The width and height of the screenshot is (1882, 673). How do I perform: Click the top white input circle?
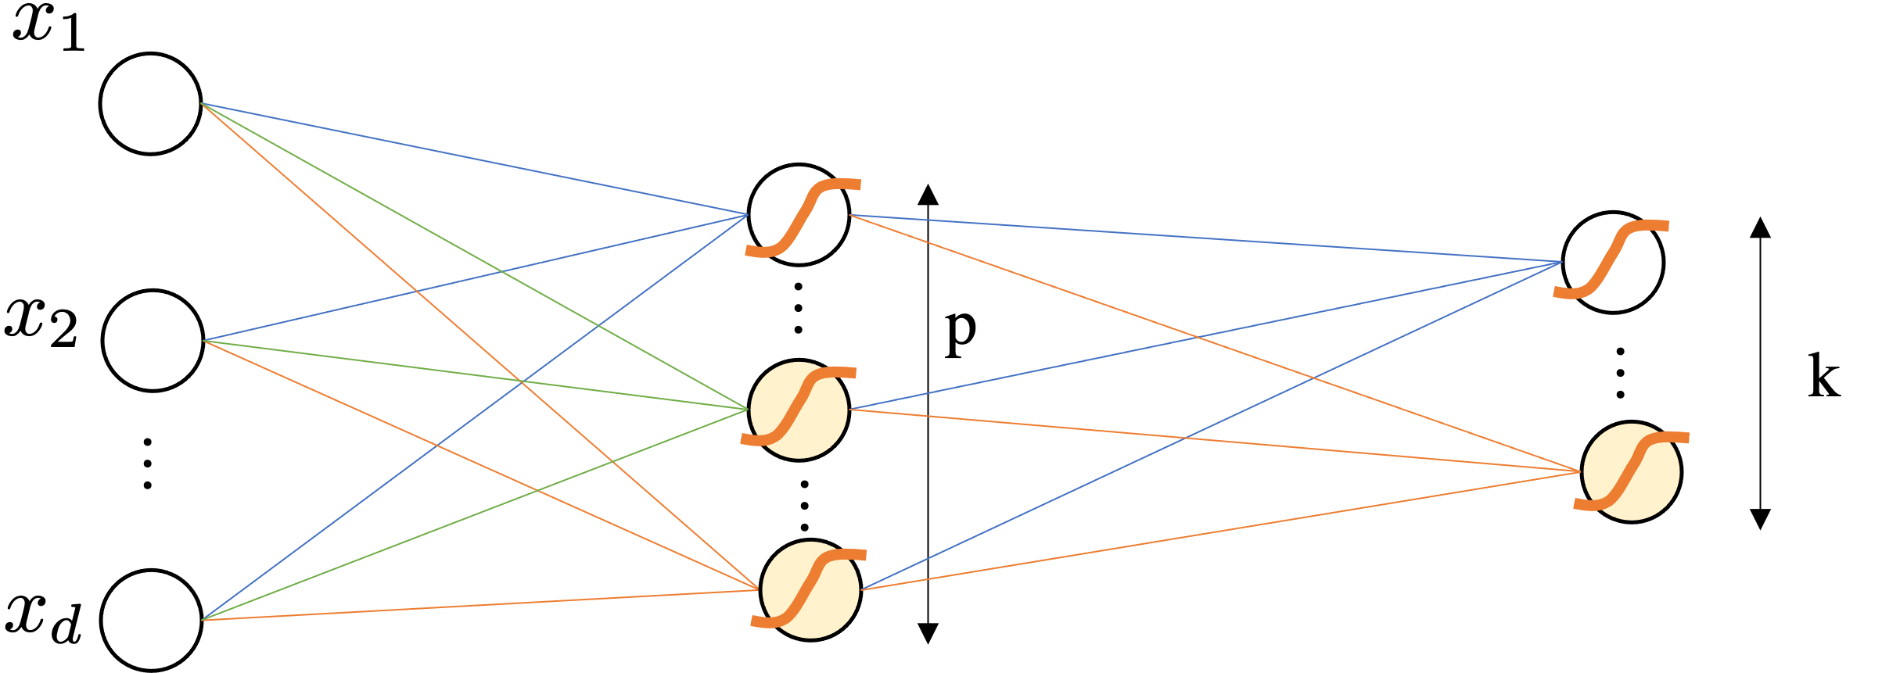[x=150, y=104]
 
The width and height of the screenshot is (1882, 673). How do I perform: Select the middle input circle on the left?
[x=153, y=341]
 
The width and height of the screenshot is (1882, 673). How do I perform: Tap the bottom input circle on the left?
[x=151, y=620]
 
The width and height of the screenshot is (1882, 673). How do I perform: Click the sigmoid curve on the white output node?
[x=1611, y=259]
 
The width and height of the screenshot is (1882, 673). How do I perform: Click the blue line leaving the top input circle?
[x=469, y=157]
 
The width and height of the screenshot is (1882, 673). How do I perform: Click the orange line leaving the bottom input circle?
[x=469, y=606]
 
